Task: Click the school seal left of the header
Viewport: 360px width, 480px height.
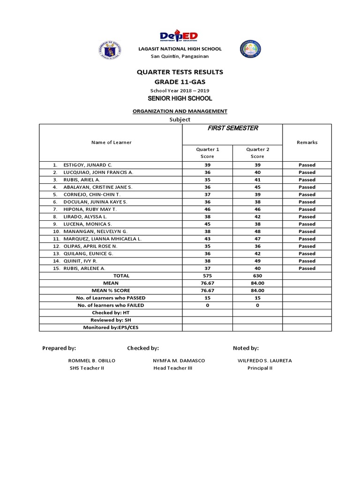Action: tap(110, 49)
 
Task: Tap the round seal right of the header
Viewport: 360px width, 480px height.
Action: tap(250, 49)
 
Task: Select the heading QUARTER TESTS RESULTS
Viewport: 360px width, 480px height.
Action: tap(180, 72)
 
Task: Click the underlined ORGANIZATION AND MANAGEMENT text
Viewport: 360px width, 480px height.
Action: tap(180, 111)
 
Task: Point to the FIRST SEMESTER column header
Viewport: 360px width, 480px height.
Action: tap(232, 128)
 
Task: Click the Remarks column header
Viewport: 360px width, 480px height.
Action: tap(307, 142)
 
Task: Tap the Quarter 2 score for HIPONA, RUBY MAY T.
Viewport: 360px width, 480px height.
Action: tap(257, 209)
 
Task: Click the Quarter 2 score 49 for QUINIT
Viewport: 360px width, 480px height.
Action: tap(257, 261)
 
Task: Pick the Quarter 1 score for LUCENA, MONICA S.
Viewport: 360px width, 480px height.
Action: tap(207, 224)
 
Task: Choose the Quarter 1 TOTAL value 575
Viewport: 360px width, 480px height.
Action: tap(207, 276)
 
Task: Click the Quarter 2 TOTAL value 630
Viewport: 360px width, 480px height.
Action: tap(257, 276)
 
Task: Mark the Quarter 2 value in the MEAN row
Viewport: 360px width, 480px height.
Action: tap(257, 283)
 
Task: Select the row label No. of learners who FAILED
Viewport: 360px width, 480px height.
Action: tap(111, 305)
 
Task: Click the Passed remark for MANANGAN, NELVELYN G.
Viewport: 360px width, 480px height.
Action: tap(307, 232)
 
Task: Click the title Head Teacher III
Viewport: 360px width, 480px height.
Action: tap(172, 368)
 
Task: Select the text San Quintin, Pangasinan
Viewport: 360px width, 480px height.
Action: tap(180, 56)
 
